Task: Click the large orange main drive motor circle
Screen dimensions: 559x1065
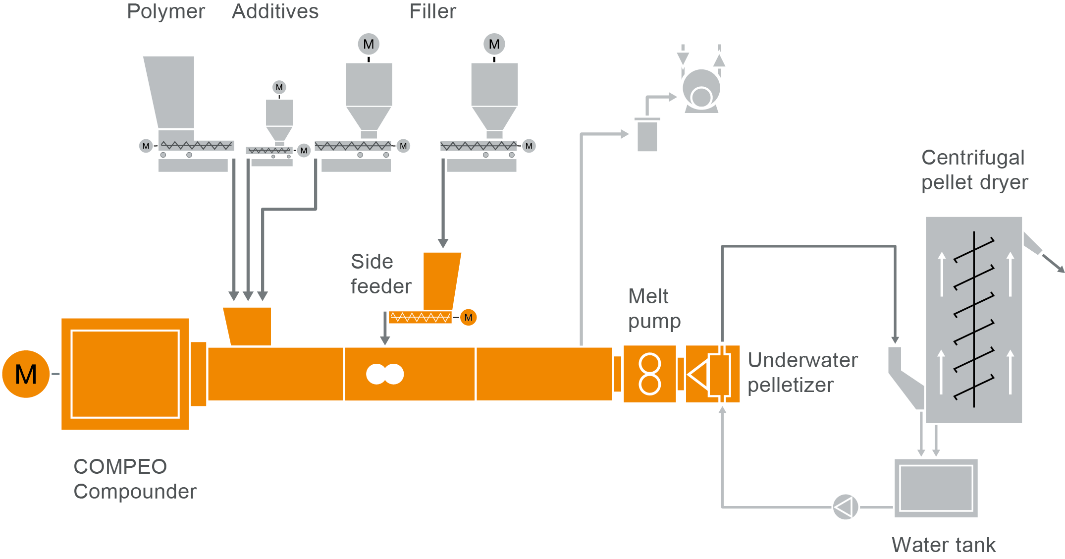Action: point(26,374)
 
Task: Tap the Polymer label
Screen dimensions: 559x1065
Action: point(166,11)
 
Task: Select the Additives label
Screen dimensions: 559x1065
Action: point(275,11)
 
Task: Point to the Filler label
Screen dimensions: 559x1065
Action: point(432,11)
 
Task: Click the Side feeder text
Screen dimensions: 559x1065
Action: point(380,274)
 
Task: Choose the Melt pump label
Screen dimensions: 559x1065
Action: point(654,308)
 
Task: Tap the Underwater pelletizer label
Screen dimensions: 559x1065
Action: point(802,372)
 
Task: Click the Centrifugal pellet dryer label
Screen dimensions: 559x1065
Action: point(974,170)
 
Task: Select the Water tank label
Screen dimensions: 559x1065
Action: point(943,545)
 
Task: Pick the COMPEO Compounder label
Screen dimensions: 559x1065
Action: point(135,479)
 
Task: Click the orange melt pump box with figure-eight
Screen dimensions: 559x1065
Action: point(649,374)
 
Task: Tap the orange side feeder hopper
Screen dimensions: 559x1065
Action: point(441,280)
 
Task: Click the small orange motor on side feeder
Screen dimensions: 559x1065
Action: point(468,317)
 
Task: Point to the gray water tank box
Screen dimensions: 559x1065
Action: point(936,488)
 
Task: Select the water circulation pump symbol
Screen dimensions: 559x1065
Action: point(845,507)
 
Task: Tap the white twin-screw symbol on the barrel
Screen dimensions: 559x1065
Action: point(385,374)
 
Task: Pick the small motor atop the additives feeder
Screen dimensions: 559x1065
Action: point(279,87)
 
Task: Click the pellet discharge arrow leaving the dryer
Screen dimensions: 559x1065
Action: point(1052,262)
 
